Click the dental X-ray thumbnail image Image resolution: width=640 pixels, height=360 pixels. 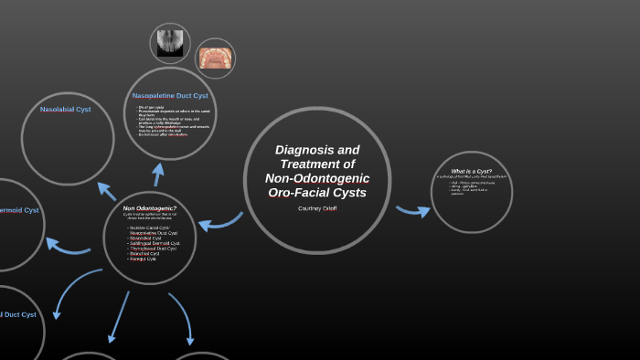(169, 42)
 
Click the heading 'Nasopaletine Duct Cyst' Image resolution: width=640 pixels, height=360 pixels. (170, 95)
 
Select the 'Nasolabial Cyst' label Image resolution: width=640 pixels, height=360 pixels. (65, 110)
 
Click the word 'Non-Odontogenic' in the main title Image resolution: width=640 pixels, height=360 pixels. (316, 178)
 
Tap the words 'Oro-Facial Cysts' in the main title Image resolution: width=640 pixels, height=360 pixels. (316, 193)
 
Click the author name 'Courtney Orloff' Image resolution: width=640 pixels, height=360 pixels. (317, 208)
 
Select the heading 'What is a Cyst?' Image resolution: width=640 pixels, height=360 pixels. (472, 172)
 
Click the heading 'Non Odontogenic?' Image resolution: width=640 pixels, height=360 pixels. (150, 208)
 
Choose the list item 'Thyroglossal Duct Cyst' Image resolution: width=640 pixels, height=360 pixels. (153, 249)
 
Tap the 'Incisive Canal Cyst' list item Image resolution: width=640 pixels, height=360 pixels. (149, 228)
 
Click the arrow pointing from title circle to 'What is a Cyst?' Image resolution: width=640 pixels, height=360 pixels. (412, 211)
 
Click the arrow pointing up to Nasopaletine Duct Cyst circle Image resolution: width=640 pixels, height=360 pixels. (158, 174)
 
